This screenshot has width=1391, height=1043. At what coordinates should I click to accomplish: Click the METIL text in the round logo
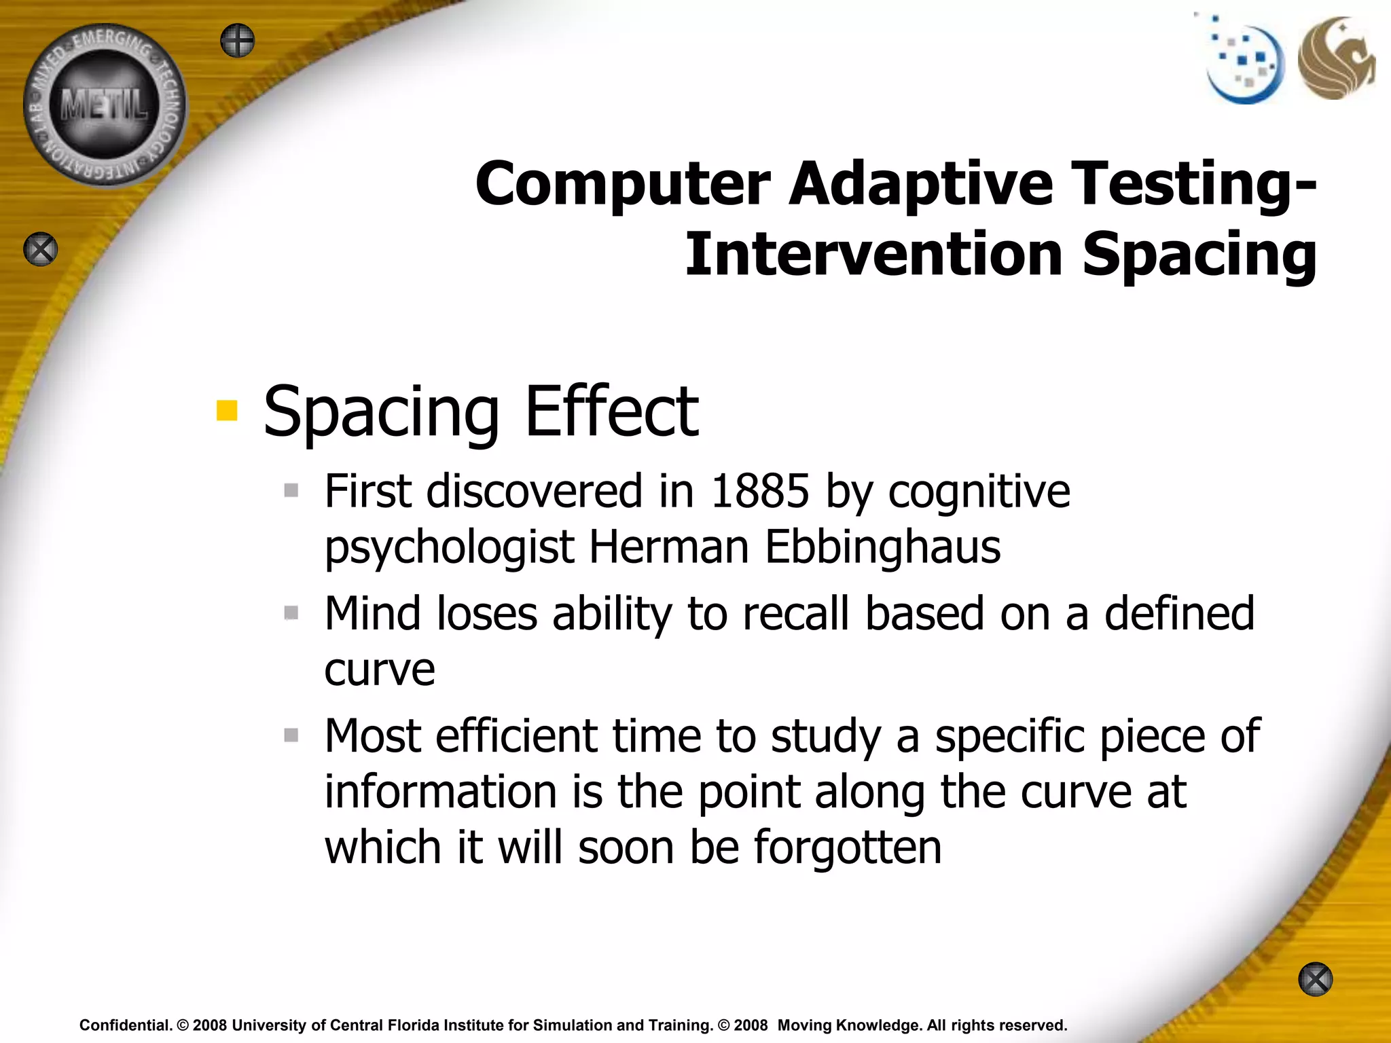coord(104,106)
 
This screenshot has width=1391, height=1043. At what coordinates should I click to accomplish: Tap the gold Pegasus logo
coord(1335,58)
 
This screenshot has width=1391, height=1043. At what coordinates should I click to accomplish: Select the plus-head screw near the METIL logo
coord(238,41)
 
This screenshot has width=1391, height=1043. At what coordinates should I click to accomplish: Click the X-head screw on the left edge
coord(41,249)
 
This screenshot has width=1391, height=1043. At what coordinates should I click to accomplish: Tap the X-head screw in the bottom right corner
coord(1315,979)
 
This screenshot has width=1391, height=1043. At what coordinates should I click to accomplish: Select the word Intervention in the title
coord(873,255)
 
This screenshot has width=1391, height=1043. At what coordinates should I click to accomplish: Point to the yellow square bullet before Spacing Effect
coord(227,410)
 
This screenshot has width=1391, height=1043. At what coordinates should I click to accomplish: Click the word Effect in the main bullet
coord(611,411)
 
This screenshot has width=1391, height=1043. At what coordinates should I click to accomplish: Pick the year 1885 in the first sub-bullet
coord(759,491)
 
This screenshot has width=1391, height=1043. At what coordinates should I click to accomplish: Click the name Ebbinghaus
coord(882,547)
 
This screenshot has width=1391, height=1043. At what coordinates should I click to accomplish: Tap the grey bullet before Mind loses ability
coord(291,613)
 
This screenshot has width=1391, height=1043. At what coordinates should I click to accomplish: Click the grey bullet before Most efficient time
coord(291,735)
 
